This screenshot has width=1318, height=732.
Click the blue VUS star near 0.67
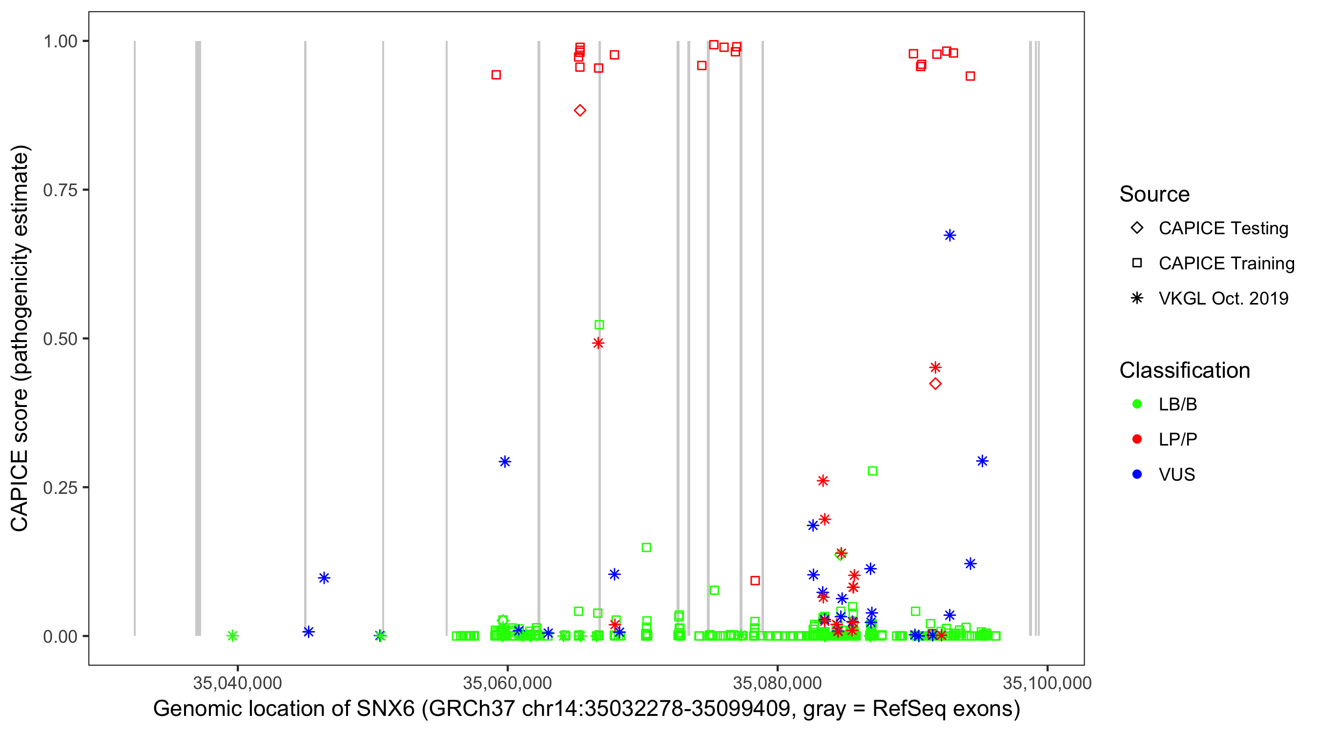(x=949, y=235)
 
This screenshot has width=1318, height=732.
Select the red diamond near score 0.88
(x=580, y=110)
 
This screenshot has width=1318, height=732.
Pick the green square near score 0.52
(x=599, y=325)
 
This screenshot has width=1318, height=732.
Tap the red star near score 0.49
(x=598, y=343)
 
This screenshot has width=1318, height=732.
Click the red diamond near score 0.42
(x=935, y=384)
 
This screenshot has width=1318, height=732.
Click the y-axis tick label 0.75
(x=60, y=190)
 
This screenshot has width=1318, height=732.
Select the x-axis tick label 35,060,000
(x=507, y=683)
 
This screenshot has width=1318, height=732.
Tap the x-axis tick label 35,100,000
(x=1047, y=683)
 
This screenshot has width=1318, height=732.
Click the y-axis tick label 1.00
(x=60, y=41)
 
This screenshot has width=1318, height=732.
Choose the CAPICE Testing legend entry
(x=1223, y=228)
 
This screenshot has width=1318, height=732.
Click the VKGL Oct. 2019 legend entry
(x=1223, y=298)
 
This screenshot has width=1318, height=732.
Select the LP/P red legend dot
(x=1137, y=439)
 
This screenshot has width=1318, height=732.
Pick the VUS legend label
(x=1176, y=475)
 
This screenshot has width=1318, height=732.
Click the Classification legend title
(x=1184, y=370)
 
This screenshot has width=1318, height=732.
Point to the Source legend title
(x=1154, y=194)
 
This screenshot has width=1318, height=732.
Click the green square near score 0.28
(x=872, y=471)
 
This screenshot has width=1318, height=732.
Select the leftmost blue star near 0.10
(x=324, y=578)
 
